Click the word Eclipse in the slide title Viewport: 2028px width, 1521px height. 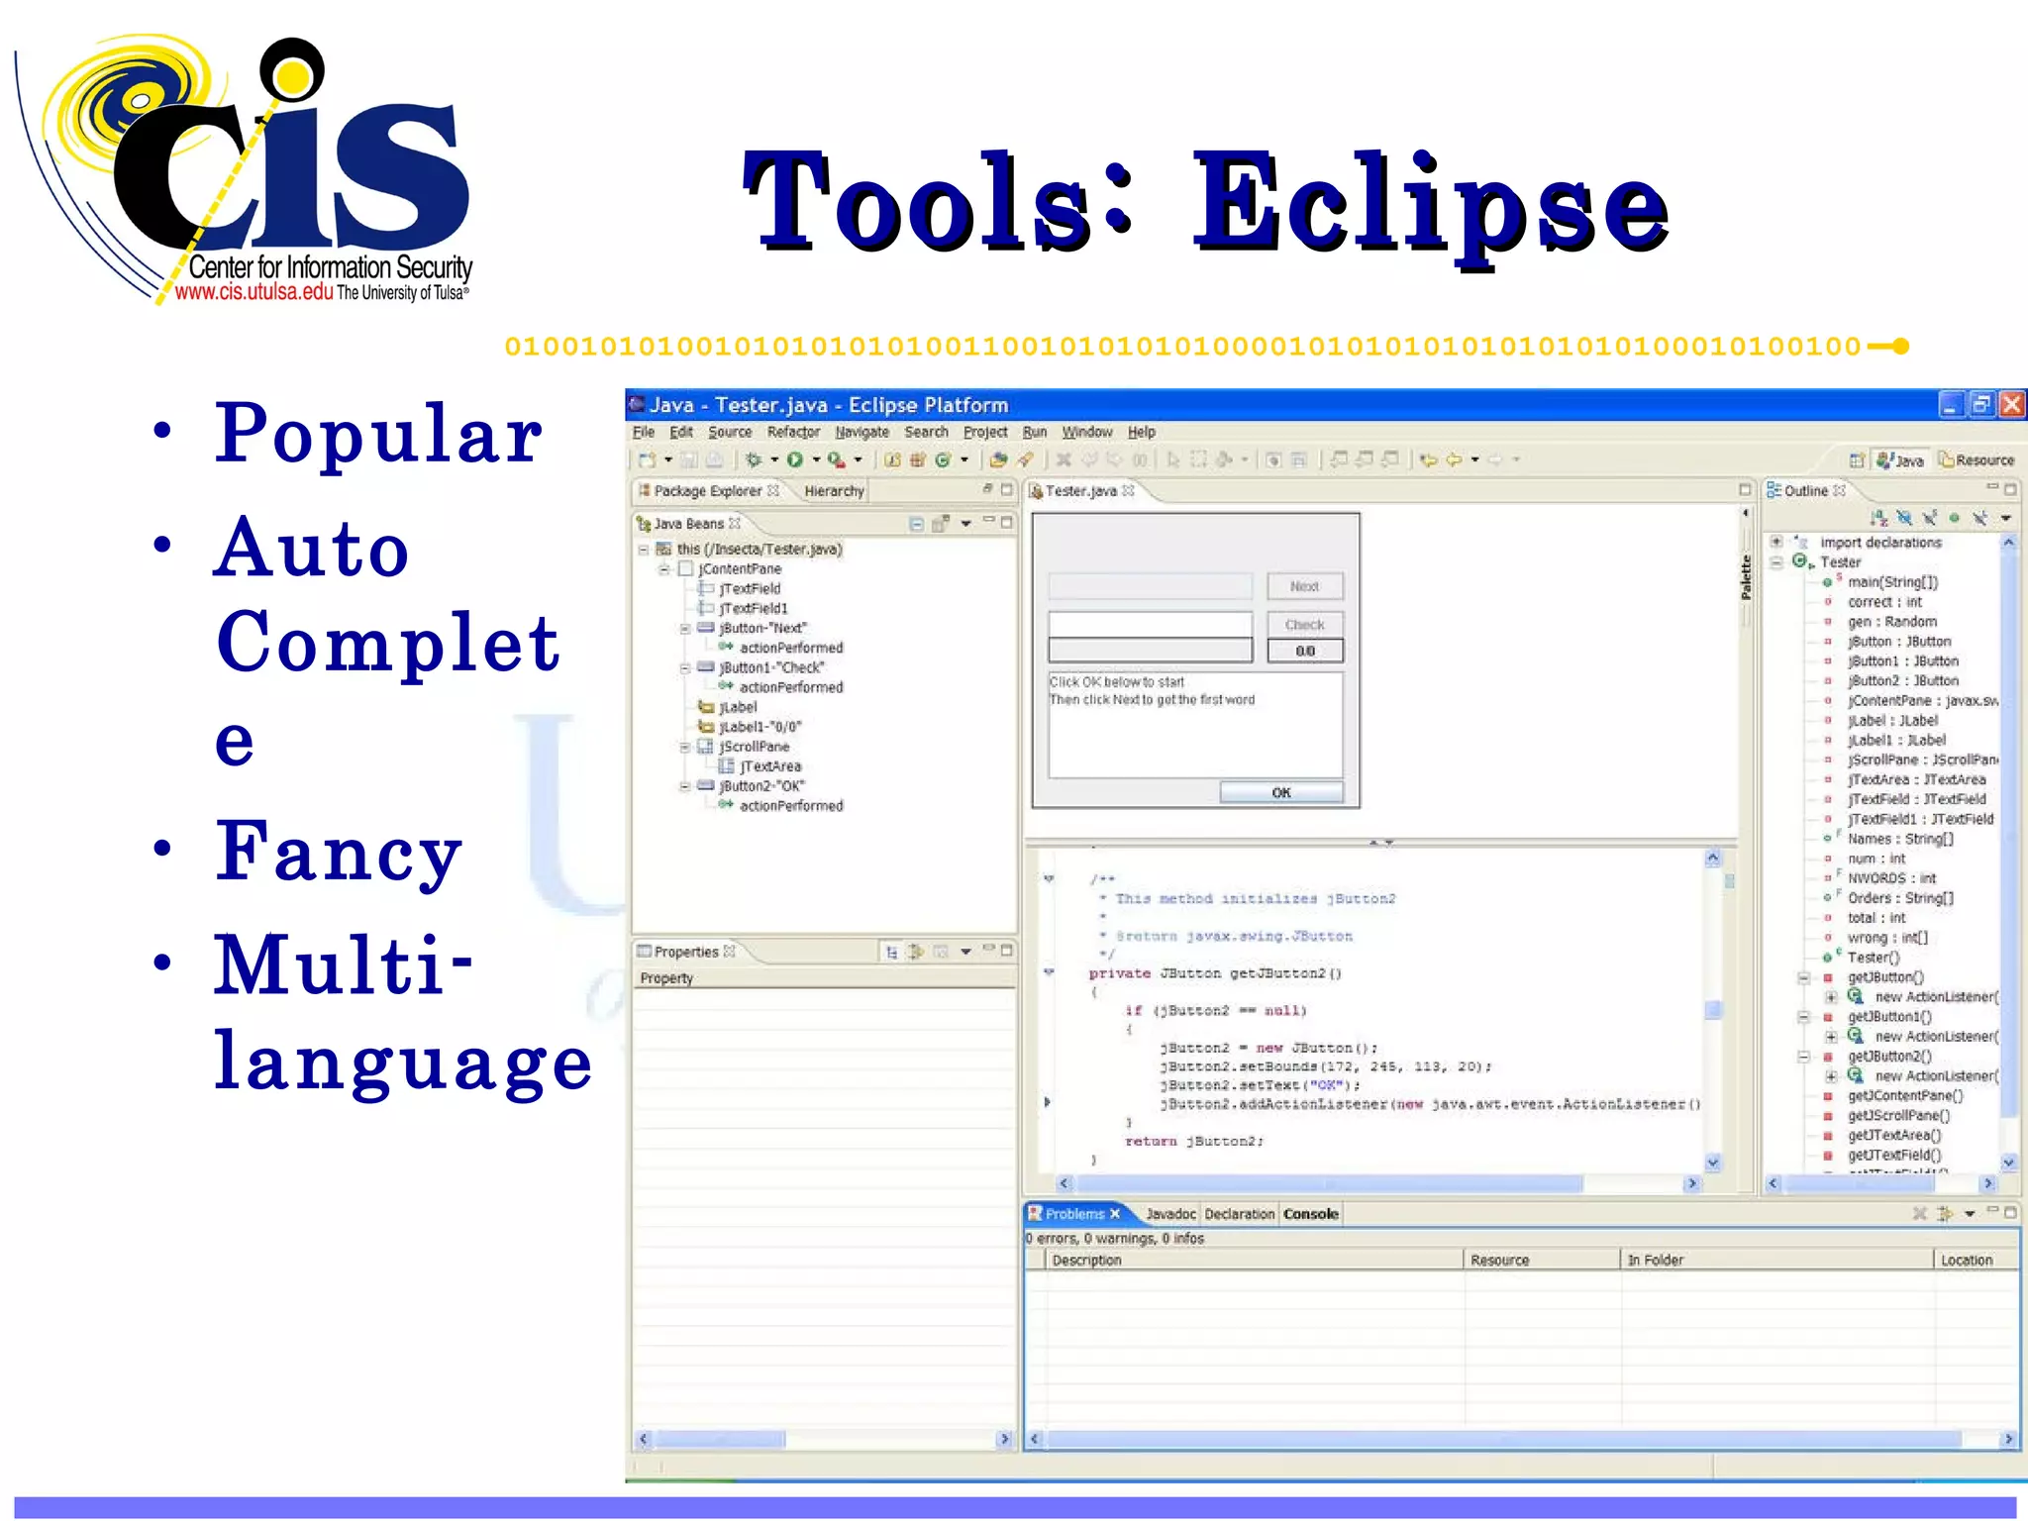point(1431,203)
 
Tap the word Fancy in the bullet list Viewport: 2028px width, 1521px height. point(339,852)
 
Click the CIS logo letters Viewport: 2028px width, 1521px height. point(297,168)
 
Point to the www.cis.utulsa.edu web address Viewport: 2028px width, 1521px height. point(253,292)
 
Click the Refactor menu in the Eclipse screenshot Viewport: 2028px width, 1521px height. point(793,432)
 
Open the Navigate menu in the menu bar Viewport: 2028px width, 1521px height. point(862,432)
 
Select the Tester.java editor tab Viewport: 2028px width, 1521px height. point(1081,490)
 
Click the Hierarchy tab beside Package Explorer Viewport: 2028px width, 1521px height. point(834,490)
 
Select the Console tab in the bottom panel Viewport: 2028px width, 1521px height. point(1310,1213)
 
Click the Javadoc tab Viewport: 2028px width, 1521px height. point(1170,1213)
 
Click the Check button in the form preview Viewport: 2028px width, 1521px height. point(1304,625)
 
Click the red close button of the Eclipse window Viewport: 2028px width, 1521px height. point(2012,404)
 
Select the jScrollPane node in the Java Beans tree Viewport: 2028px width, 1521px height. point(754,746)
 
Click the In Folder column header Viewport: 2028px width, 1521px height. point(1656,1260)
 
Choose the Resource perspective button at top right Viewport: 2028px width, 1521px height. point(1977,460)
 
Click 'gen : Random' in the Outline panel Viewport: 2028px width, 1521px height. point(1891,621)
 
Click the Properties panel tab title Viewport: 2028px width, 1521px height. point(685,952)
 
